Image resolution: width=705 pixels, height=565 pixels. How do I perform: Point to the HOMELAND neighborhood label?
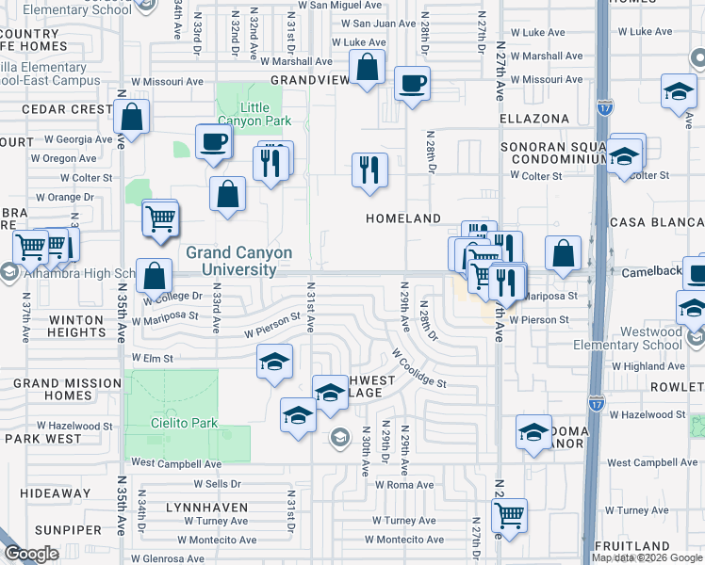pyautogui.click(x=403, y=218)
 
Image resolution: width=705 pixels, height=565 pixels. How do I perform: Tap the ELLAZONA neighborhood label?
pyautogui.click(x=534, y=119)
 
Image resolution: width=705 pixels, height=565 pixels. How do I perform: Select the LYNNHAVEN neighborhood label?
pyautogui.click(x=206, y=507)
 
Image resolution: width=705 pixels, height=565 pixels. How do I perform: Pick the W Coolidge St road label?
pyautogui.click(x=419, y=370)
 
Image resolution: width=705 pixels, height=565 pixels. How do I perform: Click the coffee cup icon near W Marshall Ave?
pyautogui.click(x=412, y=84)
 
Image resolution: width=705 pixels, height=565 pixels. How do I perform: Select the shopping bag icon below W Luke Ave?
pyautogui.click(x=368, y=68)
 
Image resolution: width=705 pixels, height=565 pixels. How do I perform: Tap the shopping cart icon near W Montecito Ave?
pyautogui.click(x=509, y=515)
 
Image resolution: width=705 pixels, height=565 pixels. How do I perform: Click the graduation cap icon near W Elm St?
pyautogui.click(x=274, y=362)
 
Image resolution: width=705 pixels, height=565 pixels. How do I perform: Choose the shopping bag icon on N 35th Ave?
pyautogui.click(x=132, y=118)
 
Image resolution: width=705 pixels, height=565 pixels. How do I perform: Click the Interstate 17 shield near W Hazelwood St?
pyautogui.click(x=596, y=404)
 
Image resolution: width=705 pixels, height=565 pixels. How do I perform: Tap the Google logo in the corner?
pyautogui.click(x=31, y=554)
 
